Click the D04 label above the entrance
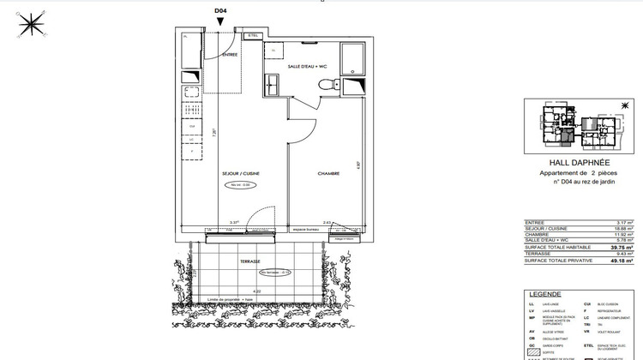click(x=219, y=10)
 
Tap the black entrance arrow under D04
click(x=219, y=21)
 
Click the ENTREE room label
click(x=230, y=55)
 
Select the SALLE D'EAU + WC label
click(x=307, y=66)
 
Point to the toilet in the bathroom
click(x=326, y=84)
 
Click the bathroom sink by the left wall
click(x=271, y=84)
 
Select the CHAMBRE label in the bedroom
click(x=329, y=174)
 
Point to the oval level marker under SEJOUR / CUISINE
click(x=240, y=185)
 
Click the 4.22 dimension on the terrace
click(x=255, y=291)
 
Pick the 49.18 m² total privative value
click(x=622, y=259)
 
